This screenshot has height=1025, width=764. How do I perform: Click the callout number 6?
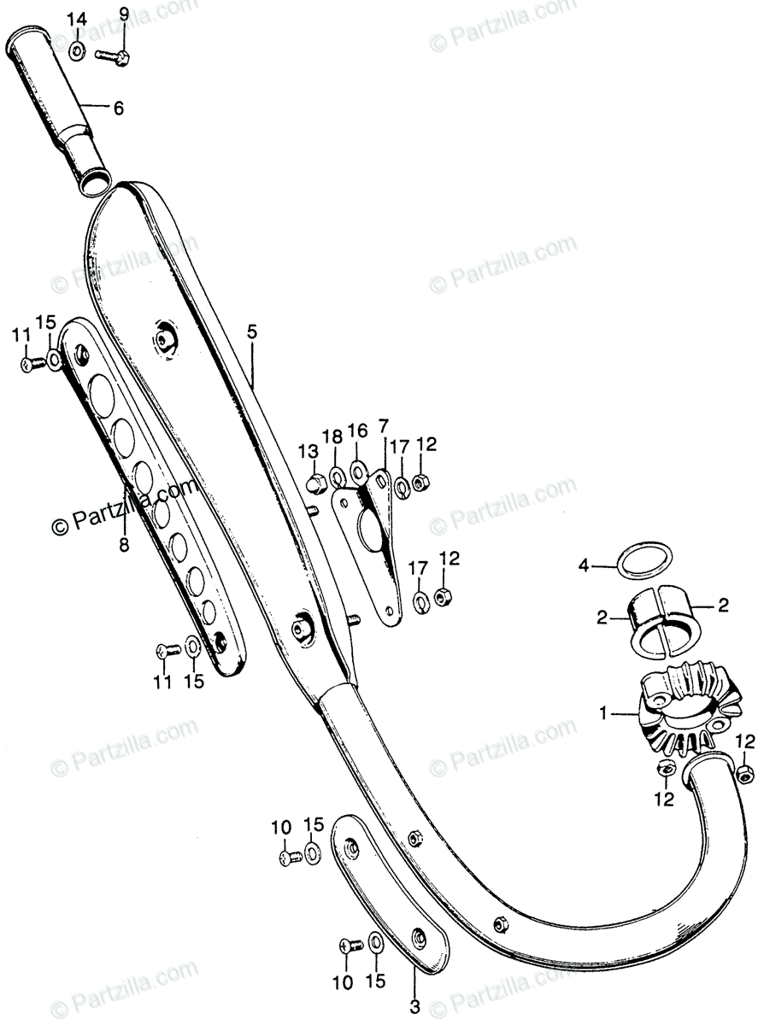pyautogui.click(x=118, y=108)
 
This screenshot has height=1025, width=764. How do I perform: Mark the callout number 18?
pyautogui.click(x=333, y=436)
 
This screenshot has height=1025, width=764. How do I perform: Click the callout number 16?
pyautogui.click(x=357, y=429)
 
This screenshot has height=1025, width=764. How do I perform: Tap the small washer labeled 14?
pyautogui.click(x=77, y=51)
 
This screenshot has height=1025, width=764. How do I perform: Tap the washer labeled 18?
pyautogui.click(x=337, y=474)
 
